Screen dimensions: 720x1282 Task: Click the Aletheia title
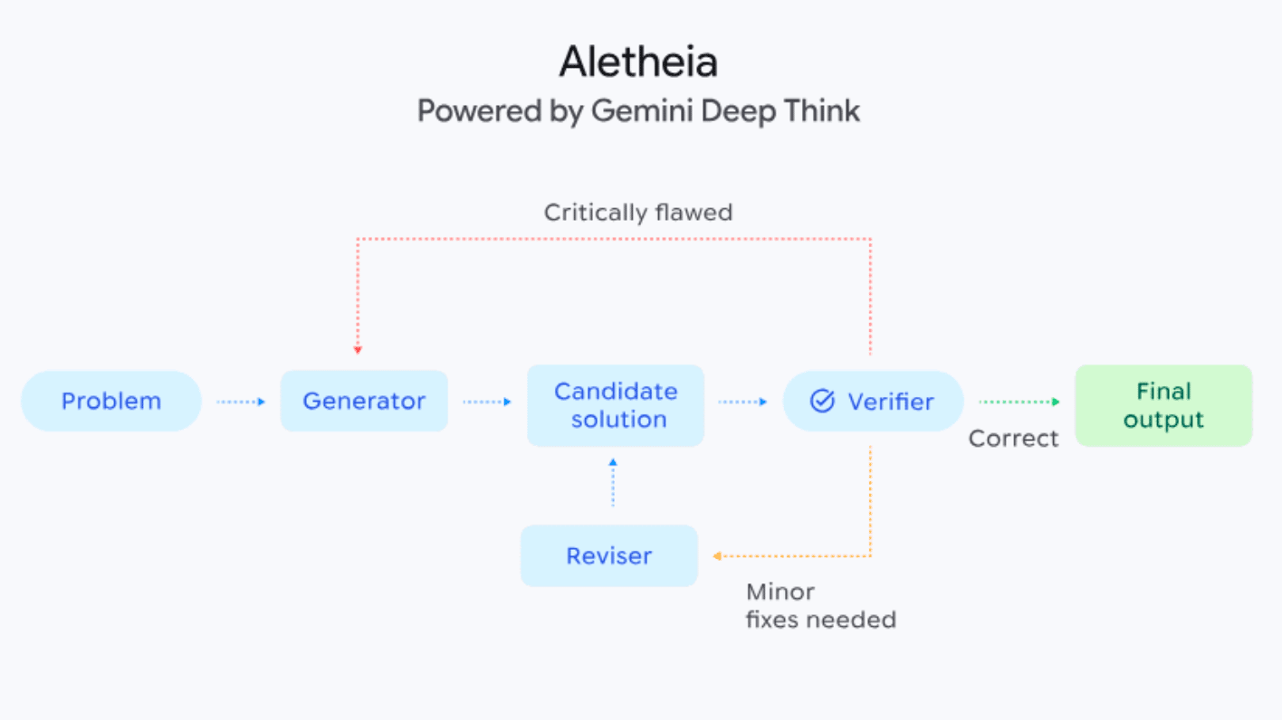(x=638, y=62)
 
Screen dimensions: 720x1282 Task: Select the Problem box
(x=110, y=401)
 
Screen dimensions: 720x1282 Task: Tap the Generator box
(x=364, y=401)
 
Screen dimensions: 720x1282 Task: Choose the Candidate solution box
(x=616, y=405)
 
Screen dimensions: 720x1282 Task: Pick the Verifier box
(x=873, y=401)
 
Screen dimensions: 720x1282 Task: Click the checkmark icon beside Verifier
(x=822, y=401)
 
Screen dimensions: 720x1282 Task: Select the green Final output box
(x=1163, y=405)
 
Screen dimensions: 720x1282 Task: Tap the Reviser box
(x=609, y=555)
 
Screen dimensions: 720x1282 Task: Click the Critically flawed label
(x=638, y=213)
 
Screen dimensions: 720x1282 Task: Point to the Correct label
(x=1013, y=439)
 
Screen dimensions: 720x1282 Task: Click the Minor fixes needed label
(x=820, y=606)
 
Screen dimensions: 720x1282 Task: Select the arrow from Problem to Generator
(x=241, y=402)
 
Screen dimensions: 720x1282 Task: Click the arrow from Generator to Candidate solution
(x=487, y=402)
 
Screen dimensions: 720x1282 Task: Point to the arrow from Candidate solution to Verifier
(x=742, y=402)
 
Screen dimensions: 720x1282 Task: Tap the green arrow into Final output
(x=1019, y=402)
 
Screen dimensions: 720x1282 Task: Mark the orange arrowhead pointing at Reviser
(x=717, y=556)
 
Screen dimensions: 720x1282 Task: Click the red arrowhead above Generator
(x=359, y=349)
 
